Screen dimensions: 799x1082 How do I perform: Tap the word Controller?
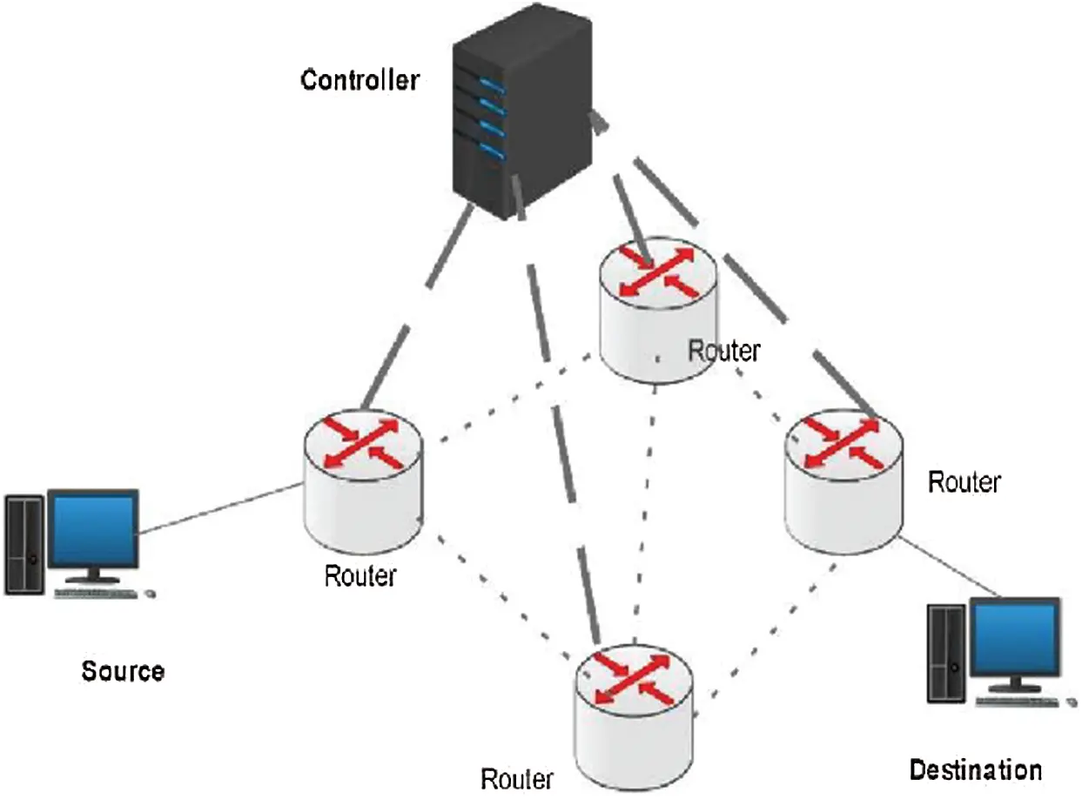click(x=360, y=81)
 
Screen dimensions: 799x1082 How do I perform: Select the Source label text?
click(x=123, y=671)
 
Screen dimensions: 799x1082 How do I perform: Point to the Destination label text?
click(x=975, y=769)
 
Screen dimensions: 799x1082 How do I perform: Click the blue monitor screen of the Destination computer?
click(x=1014, y=640)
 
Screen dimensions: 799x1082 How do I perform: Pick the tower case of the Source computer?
click(x=24, y=545)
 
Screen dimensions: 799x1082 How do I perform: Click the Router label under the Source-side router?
click(x=360, y=575)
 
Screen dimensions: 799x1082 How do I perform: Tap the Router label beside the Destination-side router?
click(x=964, y=481)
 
